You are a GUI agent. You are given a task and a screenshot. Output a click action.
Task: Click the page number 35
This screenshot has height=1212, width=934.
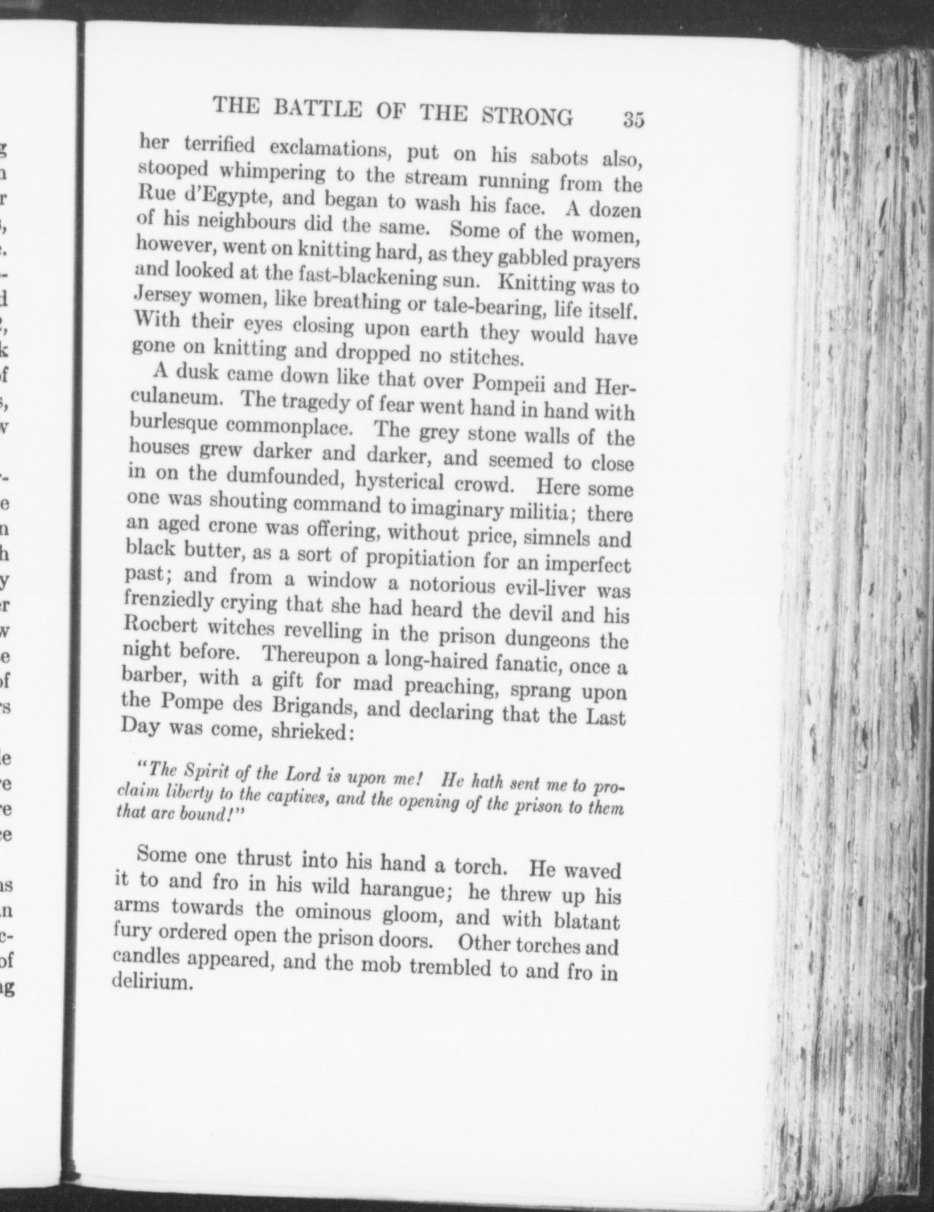[633, 121]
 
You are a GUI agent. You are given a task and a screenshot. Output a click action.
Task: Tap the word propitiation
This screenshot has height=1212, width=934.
[420, 558]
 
